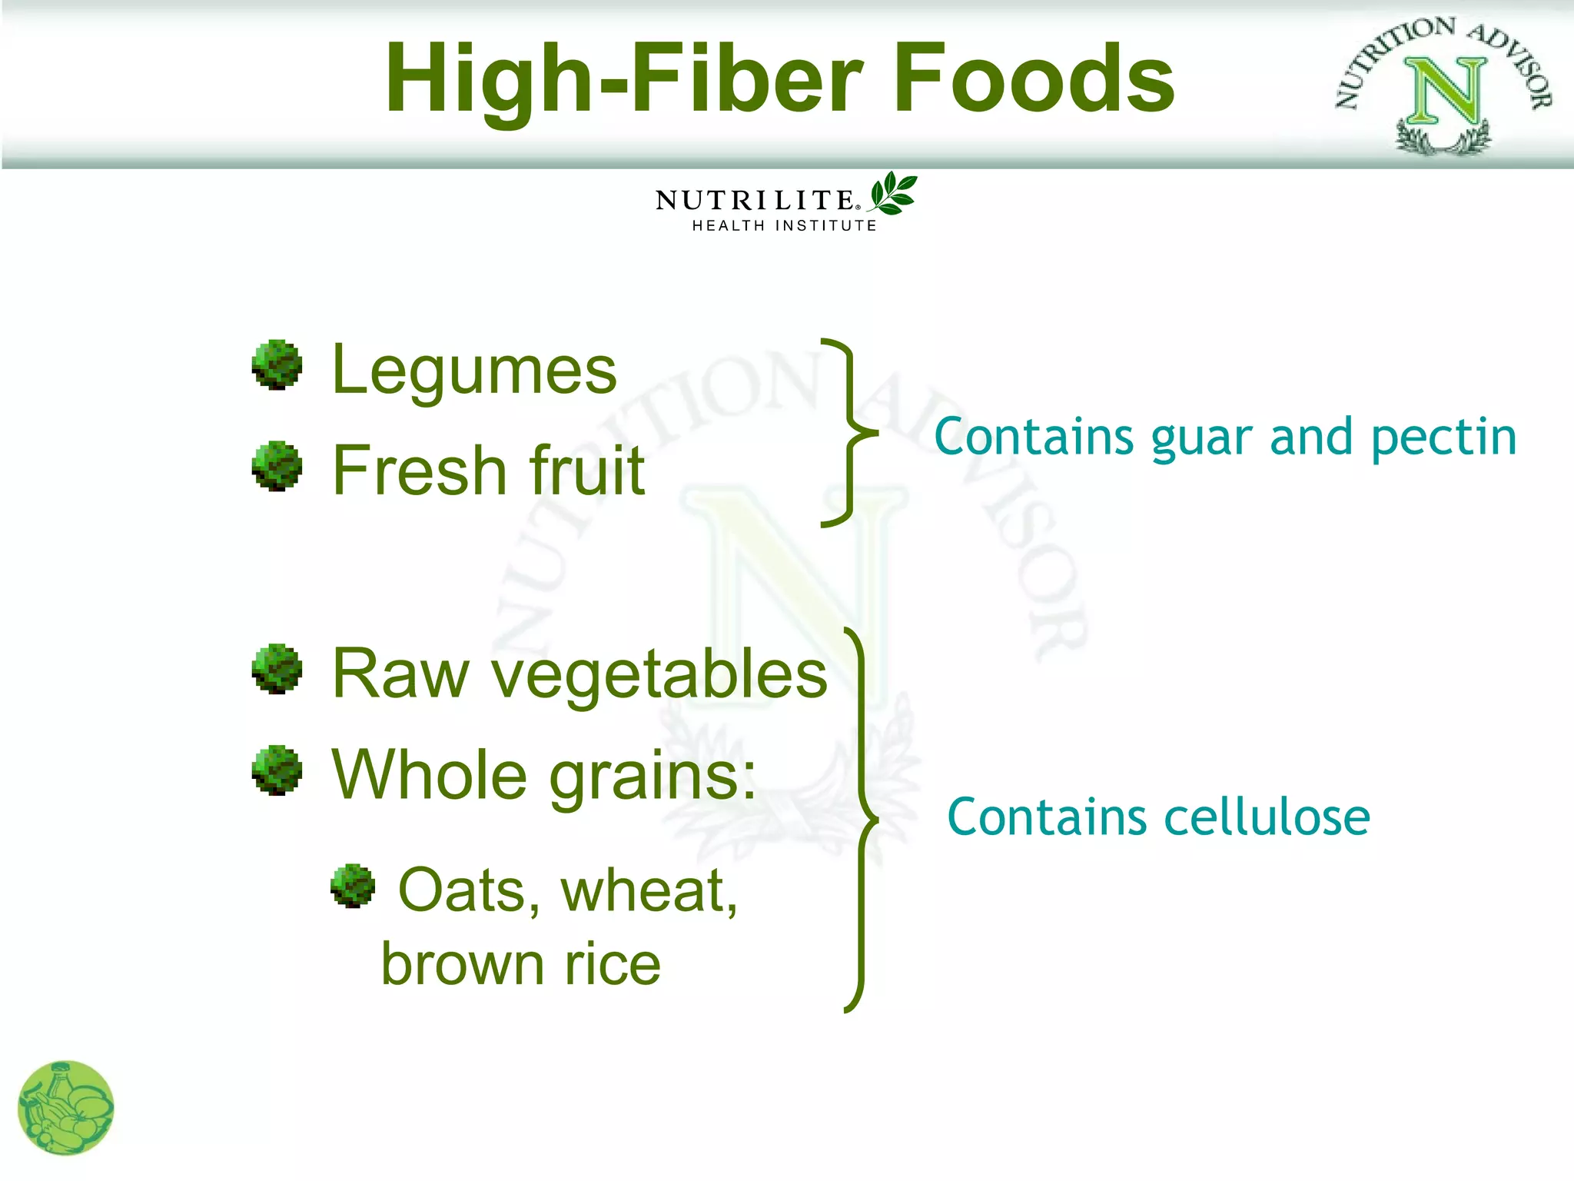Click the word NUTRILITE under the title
pyautogui.click(x=755, y=201)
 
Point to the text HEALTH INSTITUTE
pyautogui.click(x=784, y=226)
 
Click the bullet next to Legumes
pyautogui.click(x=277, y=365)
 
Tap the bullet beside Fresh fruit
pyautogui.click(x=277, y=466)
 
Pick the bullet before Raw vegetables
pyautogui.click(x=277, y=669)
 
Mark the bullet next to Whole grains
pyautogui.click(x=277, y=770)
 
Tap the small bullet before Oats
pyautogui.click(x=353, y=886)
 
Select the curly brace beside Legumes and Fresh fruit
pyautogui.click(x=848, y=432)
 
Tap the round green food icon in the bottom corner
pyautogui.click(x=66, y=1108)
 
